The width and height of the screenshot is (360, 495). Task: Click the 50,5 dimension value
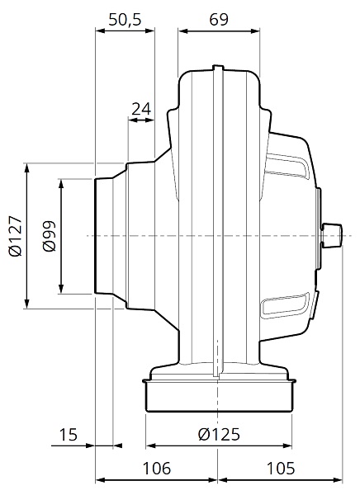[125, 21]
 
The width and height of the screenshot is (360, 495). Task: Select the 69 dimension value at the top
[220, 21]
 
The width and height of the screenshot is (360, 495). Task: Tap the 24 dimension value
[141, 108]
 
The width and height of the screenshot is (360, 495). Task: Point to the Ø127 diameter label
[14, 236]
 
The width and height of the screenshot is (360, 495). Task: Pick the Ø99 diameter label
[48, 236]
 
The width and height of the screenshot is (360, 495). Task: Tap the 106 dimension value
[156, 468]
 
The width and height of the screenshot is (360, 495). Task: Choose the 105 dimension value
[281, 468]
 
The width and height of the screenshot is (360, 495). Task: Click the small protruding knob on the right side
[333, 235]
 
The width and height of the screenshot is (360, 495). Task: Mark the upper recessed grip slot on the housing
[285, 168]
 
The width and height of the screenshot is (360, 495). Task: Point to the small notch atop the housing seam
[217, 68]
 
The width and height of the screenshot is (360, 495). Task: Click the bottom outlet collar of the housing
[219, 395]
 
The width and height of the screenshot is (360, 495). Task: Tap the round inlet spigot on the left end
[106, 236]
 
